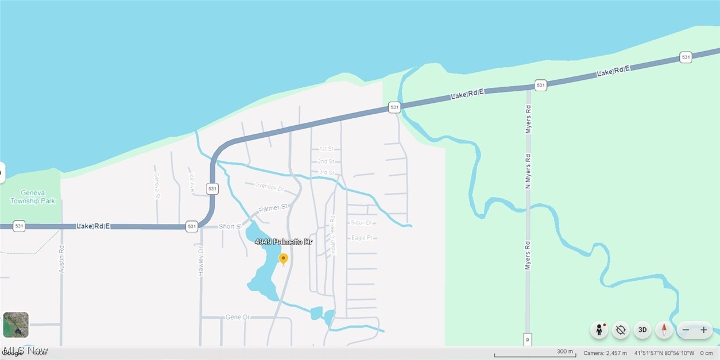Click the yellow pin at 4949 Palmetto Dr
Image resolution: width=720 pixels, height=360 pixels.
pos(283,260)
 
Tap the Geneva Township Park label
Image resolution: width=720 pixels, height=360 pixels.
pos(33,197)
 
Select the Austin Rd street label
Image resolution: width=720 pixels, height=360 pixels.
pos(61,259)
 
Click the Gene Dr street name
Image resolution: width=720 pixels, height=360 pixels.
pos(238,317)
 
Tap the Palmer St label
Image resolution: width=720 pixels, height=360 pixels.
pos(272,208)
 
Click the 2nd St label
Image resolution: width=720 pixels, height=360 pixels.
pos(326,161)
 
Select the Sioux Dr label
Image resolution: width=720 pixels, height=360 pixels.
pos(361,222)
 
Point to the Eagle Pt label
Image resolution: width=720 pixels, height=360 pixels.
pos(362,238)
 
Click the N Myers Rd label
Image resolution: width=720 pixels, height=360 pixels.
pos(528,171)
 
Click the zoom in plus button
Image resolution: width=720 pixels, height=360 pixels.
pos(704,330)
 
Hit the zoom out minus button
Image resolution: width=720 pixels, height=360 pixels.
pos(686,330)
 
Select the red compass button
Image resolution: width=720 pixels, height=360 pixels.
pos(664,330)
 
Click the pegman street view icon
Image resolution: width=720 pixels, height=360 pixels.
pos(599,330)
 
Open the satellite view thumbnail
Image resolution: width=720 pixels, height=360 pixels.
pos(16,325)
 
